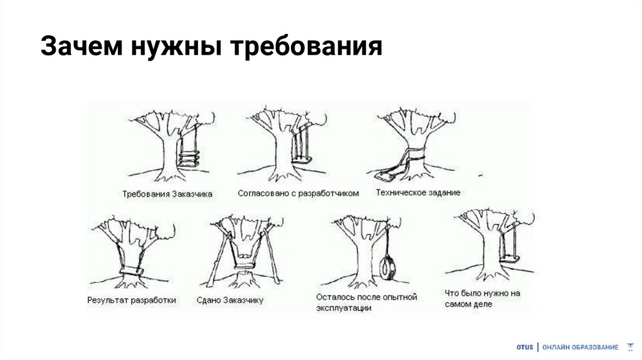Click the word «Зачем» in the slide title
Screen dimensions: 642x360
82,45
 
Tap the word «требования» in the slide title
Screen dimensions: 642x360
306,46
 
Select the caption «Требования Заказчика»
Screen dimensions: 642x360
167,194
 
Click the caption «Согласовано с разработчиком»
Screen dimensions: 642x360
298,193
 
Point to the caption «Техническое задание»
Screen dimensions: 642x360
418,193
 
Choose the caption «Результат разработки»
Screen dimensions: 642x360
132,300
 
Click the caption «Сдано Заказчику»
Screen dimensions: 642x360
229,300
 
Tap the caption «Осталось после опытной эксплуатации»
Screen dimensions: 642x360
366,302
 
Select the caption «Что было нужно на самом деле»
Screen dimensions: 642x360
482,299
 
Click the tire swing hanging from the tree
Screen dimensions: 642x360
386,267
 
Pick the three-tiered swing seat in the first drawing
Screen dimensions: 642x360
189,159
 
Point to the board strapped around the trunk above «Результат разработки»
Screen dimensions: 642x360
131,271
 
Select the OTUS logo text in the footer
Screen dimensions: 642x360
525,347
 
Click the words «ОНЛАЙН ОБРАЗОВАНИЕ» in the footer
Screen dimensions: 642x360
580,347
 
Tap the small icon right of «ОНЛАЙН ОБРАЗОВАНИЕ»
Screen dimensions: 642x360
630,347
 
